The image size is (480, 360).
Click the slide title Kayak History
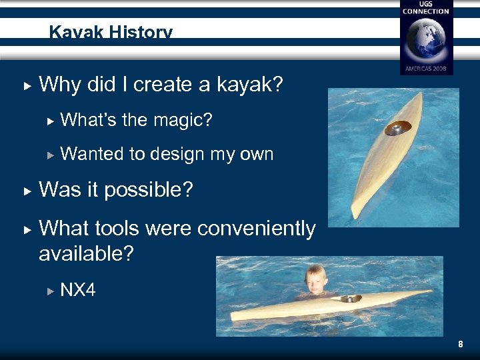(x=111, y=33)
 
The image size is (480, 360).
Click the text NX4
(x=78, y=290)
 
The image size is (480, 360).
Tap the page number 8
(x=460, y=345)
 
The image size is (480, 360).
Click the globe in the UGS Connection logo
(x=426, y=40)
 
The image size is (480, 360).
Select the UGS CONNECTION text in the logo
(x=426, y=8)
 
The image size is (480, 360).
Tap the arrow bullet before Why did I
(x=26, y=85)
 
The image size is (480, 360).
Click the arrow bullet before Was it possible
(x=26, y=191)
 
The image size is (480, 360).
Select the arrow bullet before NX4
(x=49, y=291)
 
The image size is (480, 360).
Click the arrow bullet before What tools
(x=26, y=229)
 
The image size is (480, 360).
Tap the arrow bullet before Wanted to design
(x=49, y=155)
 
